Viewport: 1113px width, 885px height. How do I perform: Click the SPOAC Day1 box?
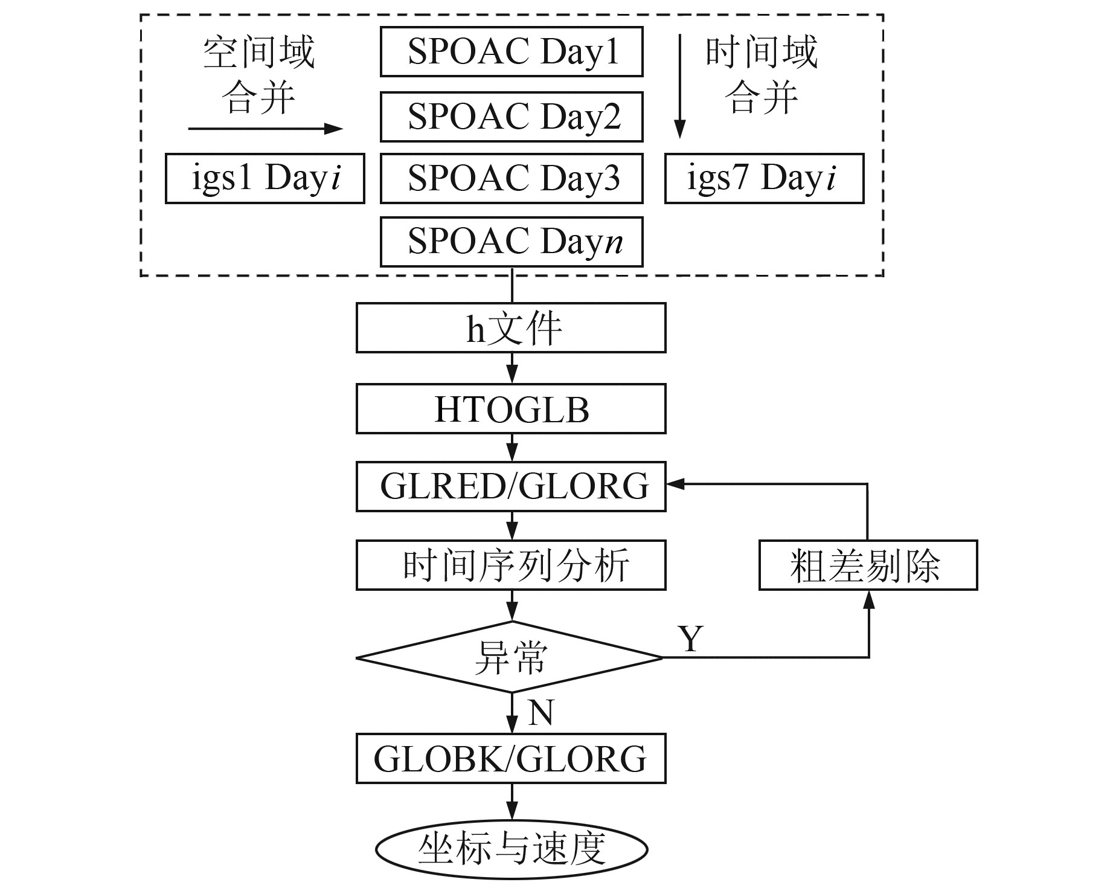(511, 52)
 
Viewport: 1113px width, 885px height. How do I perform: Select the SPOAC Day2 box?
(511, 117)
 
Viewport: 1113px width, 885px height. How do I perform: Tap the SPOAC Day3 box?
(511, 178)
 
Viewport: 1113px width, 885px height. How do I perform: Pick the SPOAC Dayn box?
(511, 242)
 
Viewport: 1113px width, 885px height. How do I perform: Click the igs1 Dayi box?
(265, 178)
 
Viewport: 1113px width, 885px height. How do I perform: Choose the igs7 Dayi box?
(764, 178)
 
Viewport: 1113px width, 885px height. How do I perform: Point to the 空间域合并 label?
(258, 75)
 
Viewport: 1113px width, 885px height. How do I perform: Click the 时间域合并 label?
(761, 75)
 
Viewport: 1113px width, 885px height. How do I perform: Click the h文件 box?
(511, 328)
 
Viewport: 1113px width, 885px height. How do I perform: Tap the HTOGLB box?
(511, 409)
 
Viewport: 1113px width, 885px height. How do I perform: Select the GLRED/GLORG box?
(511, 486)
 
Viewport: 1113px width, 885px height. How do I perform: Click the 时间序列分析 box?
(511, 565)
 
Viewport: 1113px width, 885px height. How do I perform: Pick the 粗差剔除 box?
(868, 565)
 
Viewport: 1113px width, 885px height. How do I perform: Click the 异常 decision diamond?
(511, 657)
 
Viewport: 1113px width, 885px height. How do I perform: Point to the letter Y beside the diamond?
(691, 638)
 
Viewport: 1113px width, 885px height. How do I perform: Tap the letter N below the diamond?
(540, 713)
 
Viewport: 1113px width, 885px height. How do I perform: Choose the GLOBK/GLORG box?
(511, 759)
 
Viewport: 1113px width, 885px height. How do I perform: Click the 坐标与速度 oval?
(511, 849)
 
